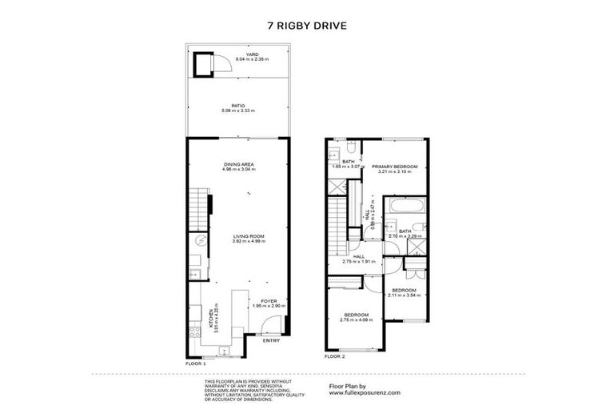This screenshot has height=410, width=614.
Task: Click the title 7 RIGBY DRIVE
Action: tap(307, 25)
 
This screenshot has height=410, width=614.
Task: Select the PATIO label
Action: tap(237, 104)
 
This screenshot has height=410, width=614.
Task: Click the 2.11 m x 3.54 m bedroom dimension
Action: tap(403, 295)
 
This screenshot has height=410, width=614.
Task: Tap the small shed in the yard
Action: tap(202, 62)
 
